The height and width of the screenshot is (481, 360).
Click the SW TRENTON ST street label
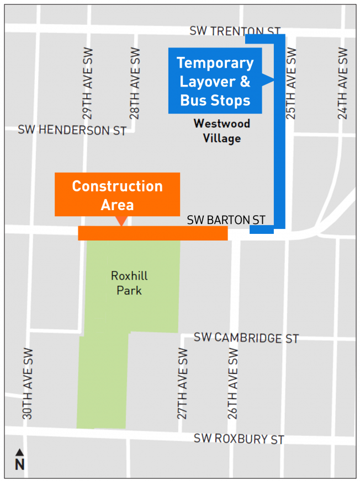235,31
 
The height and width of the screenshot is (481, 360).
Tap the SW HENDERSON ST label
72,130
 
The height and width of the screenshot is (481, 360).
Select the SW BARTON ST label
226,220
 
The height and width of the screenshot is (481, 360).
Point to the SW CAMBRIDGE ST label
246,338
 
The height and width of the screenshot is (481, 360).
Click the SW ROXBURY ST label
239,439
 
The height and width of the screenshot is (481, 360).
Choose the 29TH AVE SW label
87,84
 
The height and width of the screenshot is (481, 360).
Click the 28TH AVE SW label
135,84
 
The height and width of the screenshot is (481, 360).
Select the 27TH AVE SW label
183,383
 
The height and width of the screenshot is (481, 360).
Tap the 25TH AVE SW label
291,84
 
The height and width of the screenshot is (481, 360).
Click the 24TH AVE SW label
343,84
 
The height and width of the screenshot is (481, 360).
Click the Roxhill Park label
129,282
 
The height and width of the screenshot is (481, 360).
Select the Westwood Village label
221,131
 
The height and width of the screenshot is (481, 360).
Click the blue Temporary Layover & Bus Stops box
215,82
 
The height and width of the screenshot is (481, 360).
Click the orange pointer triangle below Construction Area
119,221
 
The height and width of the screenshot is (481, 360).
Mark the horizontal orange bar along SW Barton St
152,233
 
